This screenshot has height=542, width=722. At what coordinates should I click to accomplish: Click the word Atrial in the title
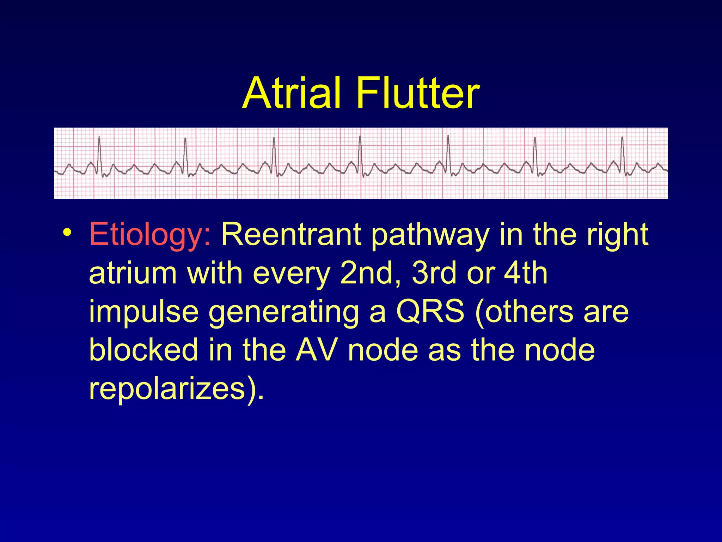[292, 93]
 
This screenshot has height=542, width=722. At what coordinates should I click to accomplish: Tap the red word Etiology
[150, 235]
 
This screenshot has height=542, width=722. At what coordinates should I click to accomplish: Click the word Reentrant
[291, 235]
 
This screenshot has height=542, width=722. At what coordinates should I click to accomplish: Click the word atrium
[133, 273]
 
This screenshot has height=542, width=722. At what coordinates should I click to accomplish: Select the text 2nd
[369, 273]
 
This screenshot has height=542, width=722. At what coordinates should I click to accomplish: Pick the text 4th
[525, 273]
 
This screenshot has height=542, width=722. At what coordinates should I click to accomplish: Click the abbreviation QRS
[430, 312]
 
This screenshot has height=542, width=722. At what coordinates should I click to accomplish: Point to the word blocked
[143, 350]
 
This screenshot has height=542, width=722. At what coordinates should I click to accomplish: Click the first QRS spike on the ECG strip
[99, 152]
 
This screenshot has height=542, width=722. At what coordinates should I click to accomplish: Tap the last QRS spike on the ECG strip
[622, 152]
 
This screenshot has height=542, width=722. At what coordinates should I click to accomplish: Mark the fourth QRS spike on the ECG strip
[360, 152]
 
